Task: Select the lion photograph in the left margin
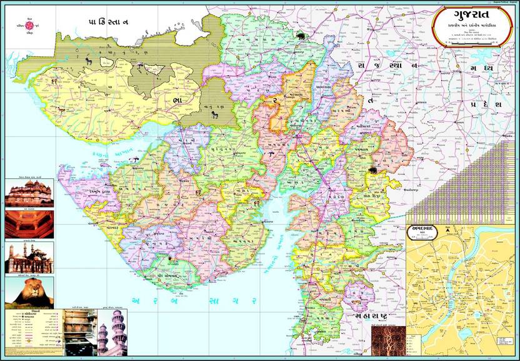tap(29, 292)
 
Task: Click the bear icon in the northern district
tap(302, 36)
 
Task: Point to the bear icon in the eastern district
tap(373, 170)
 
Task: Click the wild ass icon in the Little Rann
tap(214, 114)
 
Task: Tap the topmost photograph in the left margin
tap(29, 193)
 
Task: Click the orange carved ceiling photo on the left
tap(29, 223)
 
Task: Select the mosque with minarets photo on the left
tap(29, 258)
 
